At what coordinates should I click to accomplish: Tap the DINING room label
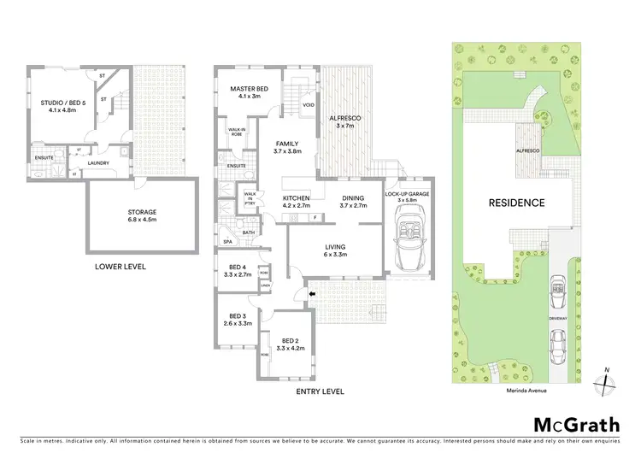[x=352, y=202]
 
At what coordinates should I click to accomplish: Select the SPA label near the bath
[x=227, y=242]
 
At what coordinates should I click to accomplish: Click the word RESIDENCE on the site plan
[x=516, y=203]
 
